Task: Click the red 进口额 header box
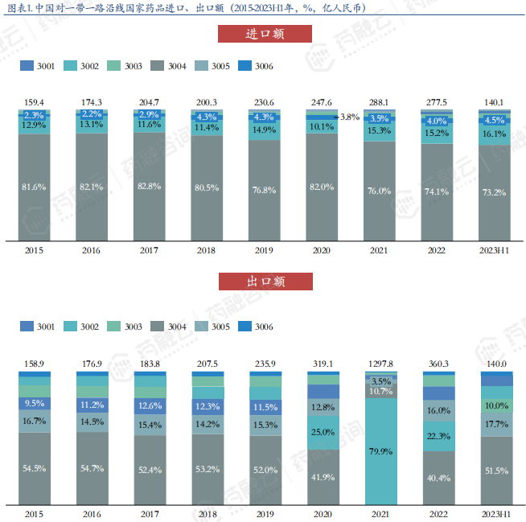tap(265, 34)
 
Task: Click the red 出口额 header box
tap(265, 281)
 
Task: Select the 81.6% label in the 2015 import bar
tap(35, 187)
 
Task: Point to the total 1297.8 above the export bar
tap(380, 364)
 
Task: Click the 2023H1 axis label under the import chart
tap(495, 251)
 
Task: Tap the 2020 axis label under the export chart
tap(322, 514)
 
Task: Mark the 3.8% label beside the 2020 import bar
tap(349, 117)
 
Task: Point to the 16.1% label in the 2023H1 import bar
tap(495, 134)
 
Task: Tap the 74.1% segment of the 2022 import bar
tap(437, 191)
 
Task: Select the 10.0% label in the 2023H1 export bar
tap(495, 405)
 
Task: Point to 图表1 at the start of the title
tap(18, 8)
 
